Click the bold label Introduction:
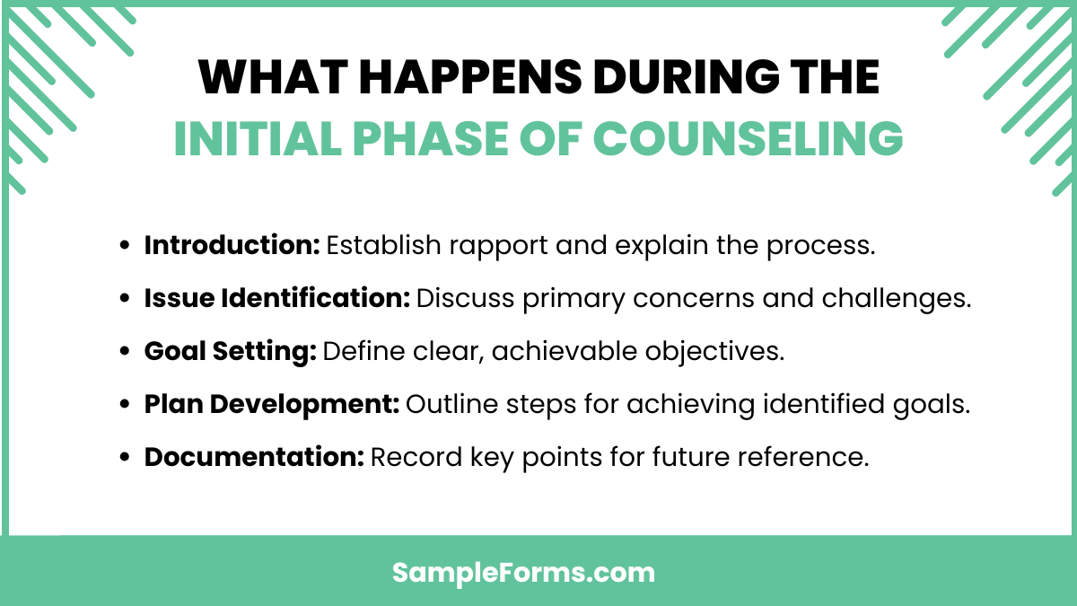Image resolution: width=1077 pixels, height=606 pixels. coord(232,246)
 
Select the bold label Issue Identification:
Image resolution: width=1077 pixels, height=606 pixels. coord(277,299)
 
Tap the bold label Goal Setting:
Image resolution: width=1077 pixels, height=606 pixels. coord(230,352)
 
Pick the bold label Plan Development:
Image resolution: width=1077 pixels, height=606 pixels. coord(271,405)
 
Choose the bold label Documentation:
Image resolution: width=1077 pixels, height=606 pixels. coord(253,458)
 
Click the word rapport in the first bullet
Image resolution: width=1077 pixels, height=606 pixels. coord(477,246)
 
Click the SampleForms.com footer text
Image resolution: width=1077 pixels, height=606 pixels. coord(524,573)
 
